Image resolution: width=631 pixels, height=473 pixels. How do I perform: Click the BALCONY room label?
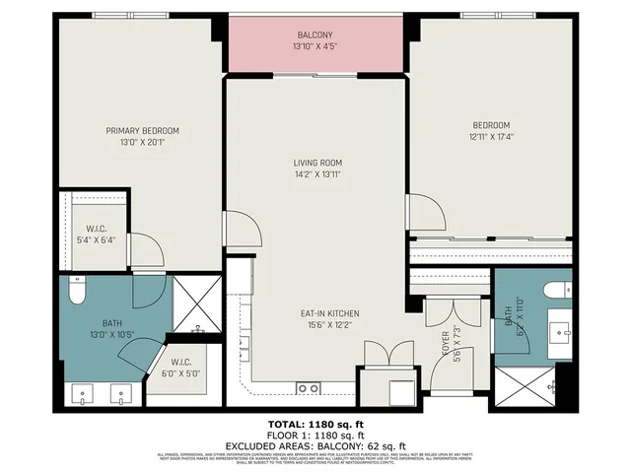(x=315, y=34)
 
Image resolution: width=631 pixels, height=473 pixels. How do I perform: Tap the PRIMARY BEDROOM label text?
(x=143, y=130)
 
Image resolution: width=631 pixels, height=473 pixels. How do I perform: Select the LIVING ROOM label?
(x=316, y=163)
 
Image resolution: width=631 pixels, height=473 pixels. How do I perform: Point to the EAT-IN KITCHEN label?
(x=329, y=313)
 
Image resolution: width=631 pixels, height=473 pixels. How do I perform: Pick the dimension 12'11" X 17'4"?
(x=490, y=137)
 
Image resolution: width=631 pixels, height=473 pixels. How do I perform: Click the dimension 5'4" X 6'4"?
(x=96, y=238)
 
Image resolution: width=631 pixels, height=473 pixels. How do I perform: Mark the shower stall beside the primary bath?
(x=197, y=304)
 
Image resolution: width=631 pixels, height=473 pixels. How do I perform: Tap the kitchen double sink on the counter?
(x=308, y=387)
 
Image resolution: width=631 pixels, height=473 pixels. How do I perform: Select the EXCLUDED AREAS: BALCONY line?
(x=315, y=443)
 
